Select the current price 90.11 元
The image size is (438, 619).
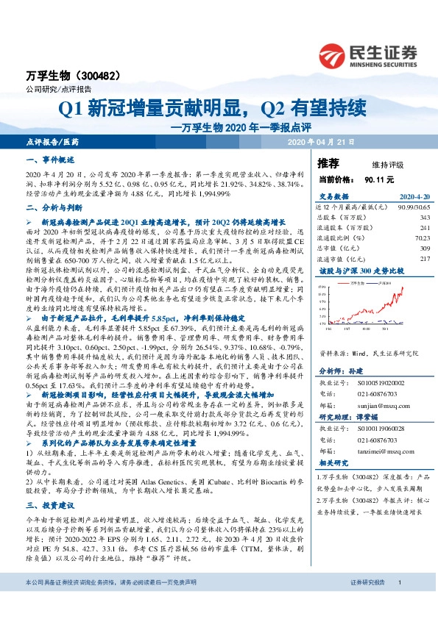click(x=379, y=179)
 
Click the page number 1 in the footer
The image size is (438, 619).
click(x=399, y=603)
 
